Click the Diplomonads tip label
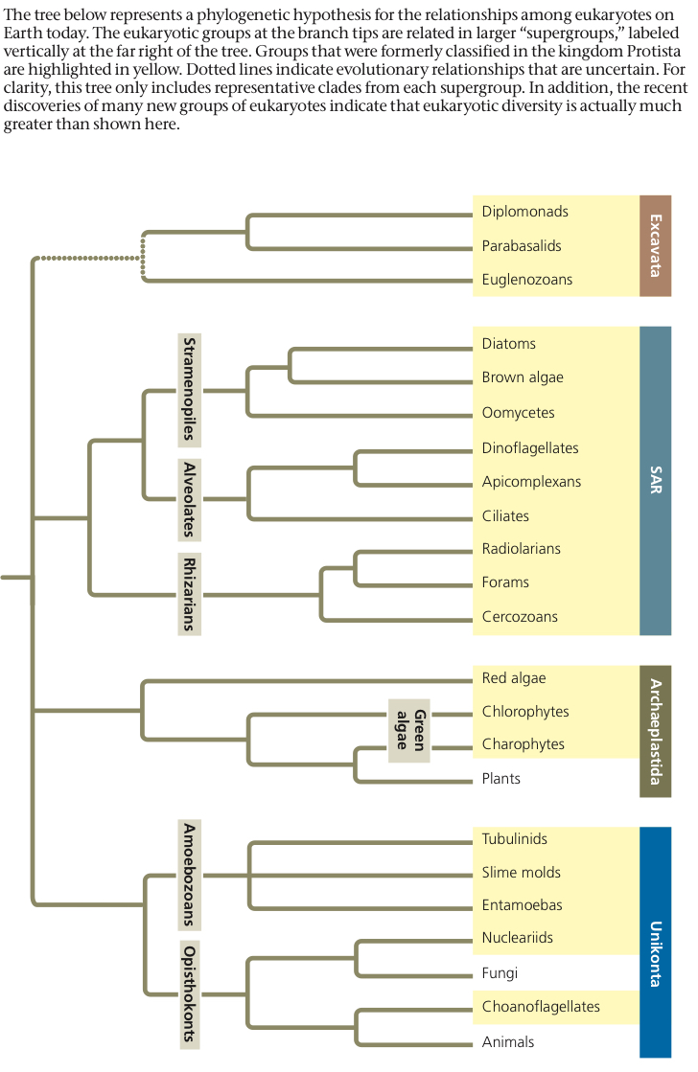(524, 212)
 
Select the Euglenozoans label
(527, 280)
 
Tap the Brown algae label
(523, 377)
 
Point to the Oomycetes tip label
(518, 413)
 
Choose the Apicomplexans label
(531, 481)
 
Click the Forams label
(505, 582)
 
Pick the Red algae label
(514, 678)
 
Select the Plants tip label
(500, 779)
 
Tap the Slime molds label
(522, 873)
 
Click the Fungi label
(500, 973)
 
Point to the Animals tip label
(508, 1042)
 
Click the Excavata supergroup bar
(656, 245)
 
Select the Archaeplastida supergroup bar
(656, 731)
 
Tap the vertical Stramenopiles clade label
(190, 390)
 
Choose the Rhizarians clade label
(190, 594)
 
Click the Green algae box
(409, 730)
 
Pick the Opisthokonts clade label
(190, 993)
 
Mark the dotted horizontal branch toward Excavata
(87, 258)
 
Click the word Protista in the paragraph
(654, 52)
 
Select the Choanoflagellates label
(541, 1006)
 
